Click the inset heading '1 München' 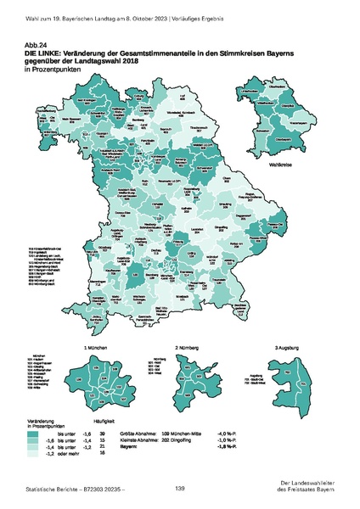95,348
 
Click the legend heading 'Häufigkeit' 103,422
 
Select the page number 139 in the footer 180,489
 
